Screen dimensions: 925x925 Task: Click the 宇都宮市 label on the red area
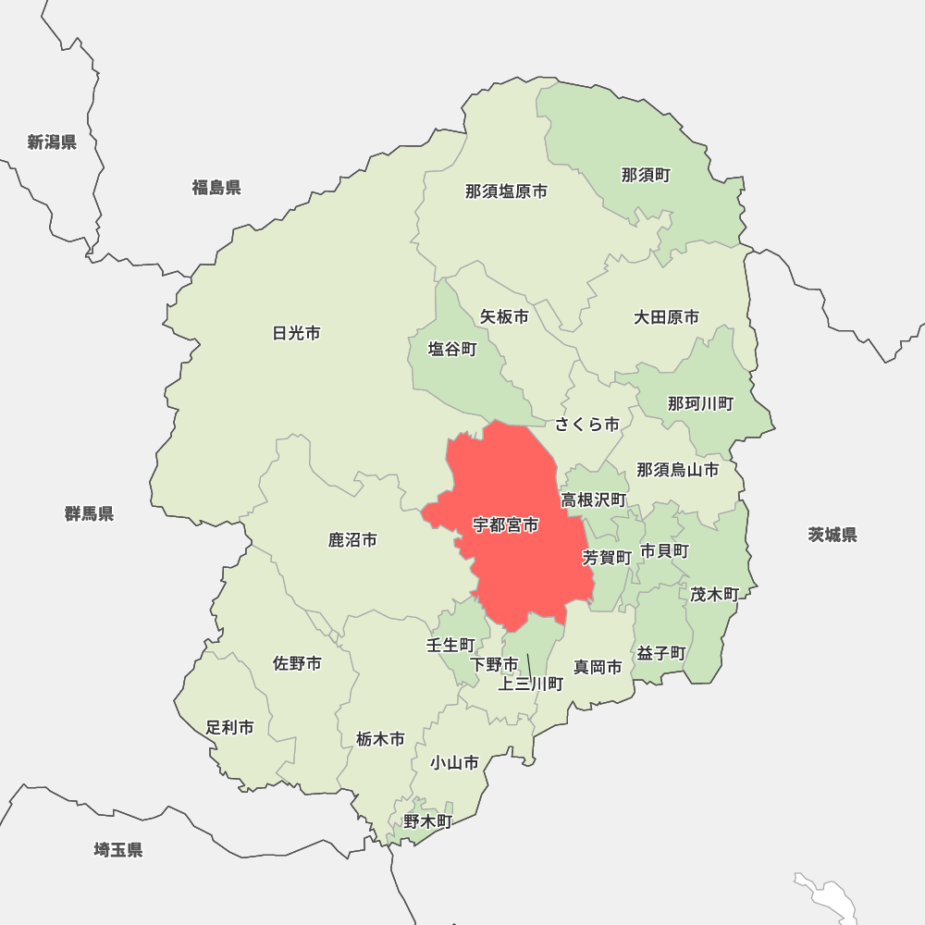coord(505,525)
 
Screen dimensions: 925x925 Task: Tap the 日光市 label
coord(297,333)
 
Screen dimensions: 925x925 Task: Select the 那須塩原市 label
coord(506,191)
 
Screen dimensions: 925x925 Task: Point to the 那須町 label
coord(646,175)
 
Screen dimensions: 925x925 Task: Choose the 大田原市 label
coord(666,317)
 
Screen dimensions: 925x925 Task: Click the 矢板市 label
coord(504,316)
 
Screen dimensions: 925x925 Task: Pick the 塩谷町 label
coord(452,350)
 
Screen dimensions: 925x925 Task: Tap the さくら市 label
coord(587,425)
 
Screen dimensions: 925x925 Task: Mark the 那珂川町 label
coord(700,403)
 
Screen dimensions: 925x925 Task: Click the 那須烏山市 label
coord(677,470)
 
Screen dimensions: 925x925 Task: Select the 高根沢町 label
coord(594,500)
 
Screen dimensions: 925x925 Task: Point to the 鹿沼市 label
coord(352,539)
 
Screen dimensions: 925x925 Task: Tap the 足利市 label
coord(230,728)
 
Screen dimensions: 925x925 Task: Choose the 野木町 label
coord(427,821)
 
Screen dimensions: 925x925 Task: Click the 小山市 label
coord(454,763)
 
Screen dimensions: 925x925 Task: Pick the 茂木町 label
coord(714,595)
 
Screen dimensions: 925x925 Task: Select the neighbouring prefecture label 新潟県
coord(52,142)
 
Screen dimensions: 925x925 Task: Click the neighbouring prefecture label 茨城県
coord(832,535)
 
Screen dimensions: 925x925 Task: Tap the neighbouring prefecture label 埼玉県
coord(118,850)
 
